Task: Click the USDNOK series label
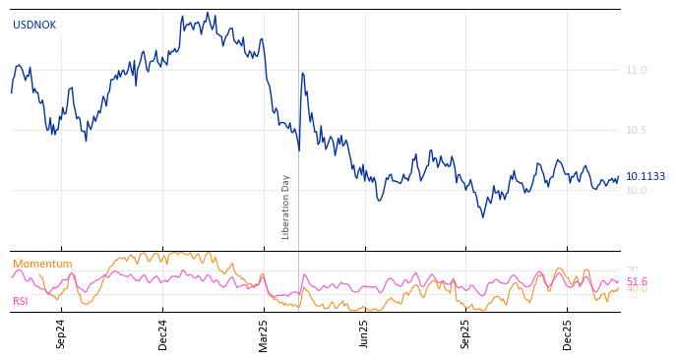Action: click(x=34, y=26)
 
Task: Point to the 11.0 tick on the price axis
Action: click(x=636, y=71)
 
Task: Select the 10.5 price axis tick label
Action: click(x=636, y=131)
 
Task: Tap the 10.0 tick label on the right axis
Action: click(x=636, y=191)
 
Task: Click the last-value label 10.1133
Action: click(x=645, y=177)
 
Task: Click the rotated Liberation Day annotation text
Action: click(x=286, y=207)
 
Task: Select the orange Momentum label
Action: click(x=42, y=265)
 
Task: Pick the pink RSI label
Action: click(x=21, y=302)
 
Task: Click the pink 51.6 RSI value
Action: click(x=637, y=282)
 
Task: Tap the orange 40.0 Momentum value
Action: click(x=637, y=290)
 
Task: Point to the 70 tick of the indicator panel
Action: click(x=632, y=270)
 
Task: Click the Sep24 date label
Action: click(x=61, y=334)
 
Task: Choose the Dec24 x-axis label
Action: click(x=163, y=334)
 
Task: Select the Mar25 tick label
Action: click(x=264, y=334)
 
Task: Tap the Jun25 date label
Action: click(x=364, y=334)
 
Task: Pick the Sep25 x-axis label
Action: click(x=465, y=334)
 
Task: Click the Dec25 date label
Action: click(x=567, y=334)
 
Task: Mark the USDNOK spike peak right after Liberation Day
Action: click(x=302, y=73)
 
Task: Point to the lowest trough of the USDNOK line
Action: click(x=482, y=216)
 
